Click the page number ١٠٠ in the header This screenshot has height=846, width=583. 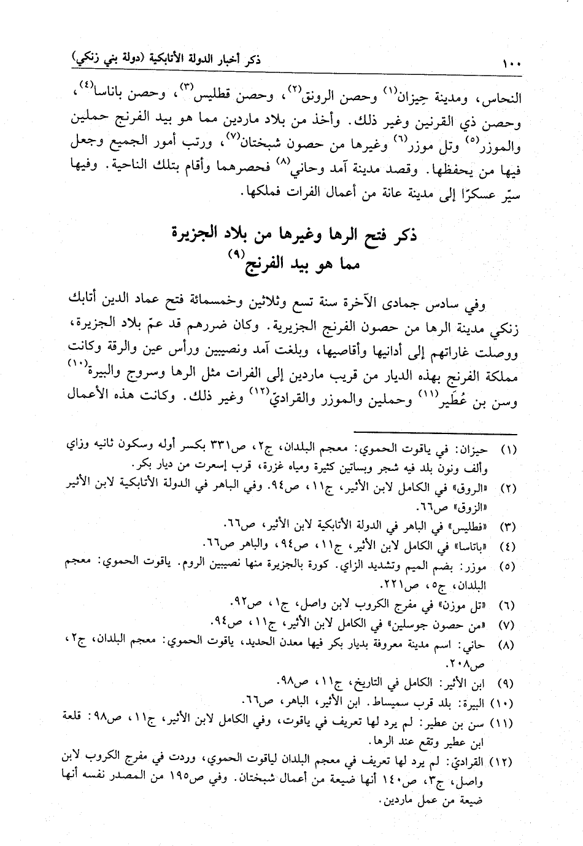point(511,63)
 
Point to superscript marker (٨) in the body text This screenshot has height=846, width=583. point(282,161)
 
